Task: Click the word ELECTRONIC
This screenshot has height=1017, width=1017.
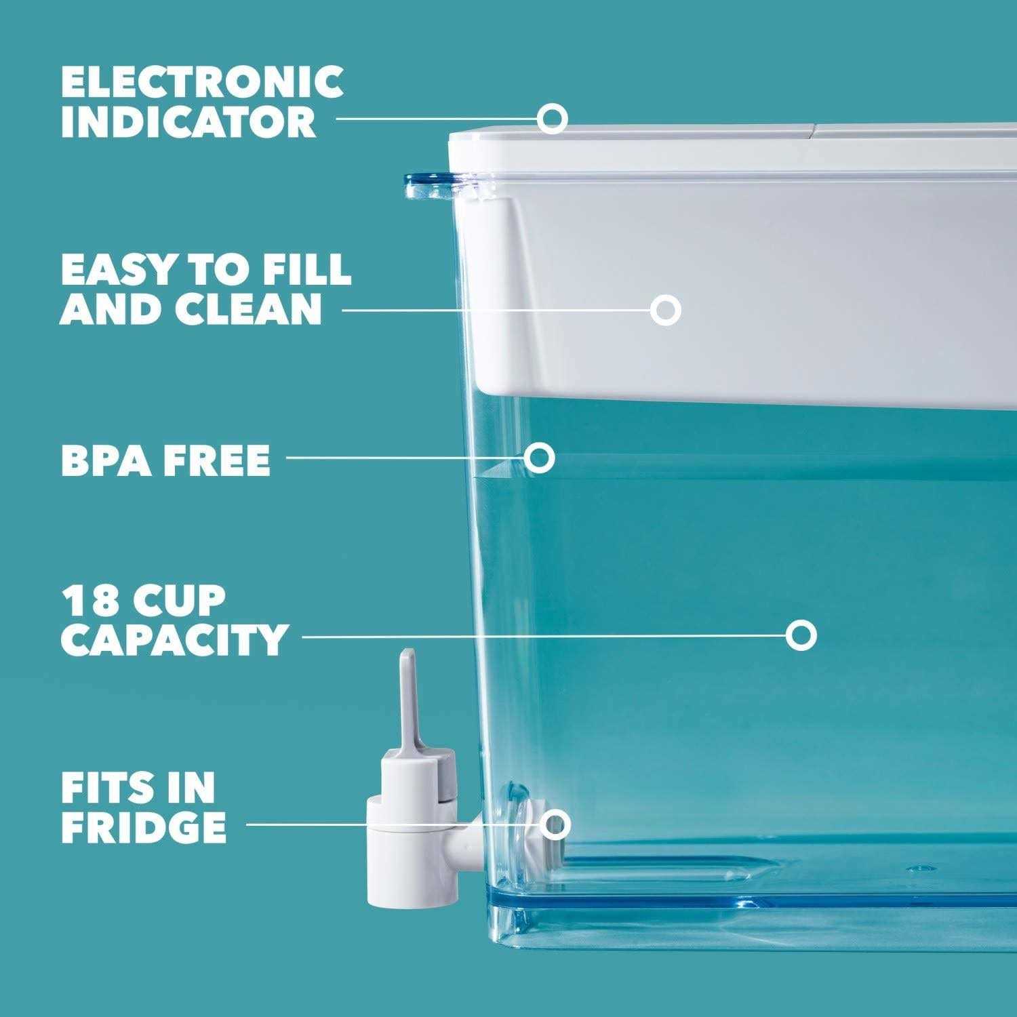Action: [201, 81]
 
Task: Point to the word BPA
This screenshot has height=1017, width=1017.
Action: [101, 460]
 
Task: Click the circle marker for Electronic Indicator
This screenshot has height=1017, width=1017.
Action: [553, 117]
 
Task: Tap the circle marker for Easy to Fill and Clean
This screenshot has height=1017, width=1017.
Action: [665, 310]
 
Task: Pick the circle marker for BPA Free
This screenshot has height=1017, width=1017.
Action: [540, 458]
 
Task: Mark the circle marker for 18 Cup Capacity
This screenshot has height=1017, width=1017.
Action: [801, 635]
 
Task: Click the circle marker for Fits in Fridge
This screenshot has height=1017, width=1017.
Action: [556, 824]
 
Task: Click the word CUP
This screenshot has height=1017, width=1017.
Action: [176, 599]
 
